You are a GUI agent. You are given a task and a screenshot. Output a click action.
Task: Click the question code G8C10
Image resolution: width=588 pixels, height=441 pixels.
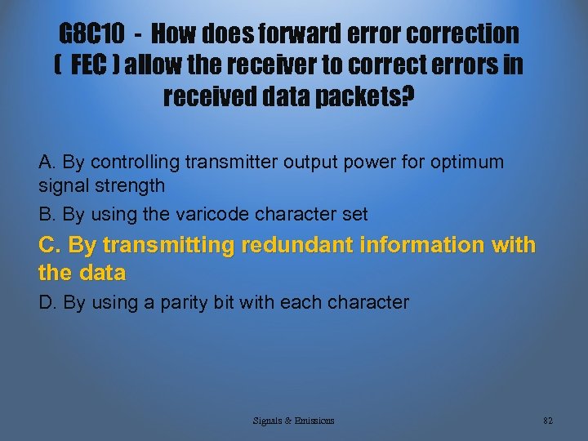tap(92, 33)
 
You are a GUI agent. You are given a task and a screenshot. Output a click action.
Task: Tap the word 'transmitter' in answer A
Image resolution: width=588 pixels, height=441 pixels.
tap(231, 162)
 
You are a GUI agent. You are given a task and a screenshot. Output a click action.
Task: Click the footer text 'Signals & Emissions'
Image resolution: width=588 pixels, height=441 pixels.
tap(293, 421)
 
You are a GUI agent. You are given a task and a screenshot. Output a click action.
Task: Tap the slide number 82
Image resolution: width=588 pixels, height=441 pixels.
tap(548, 421)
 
